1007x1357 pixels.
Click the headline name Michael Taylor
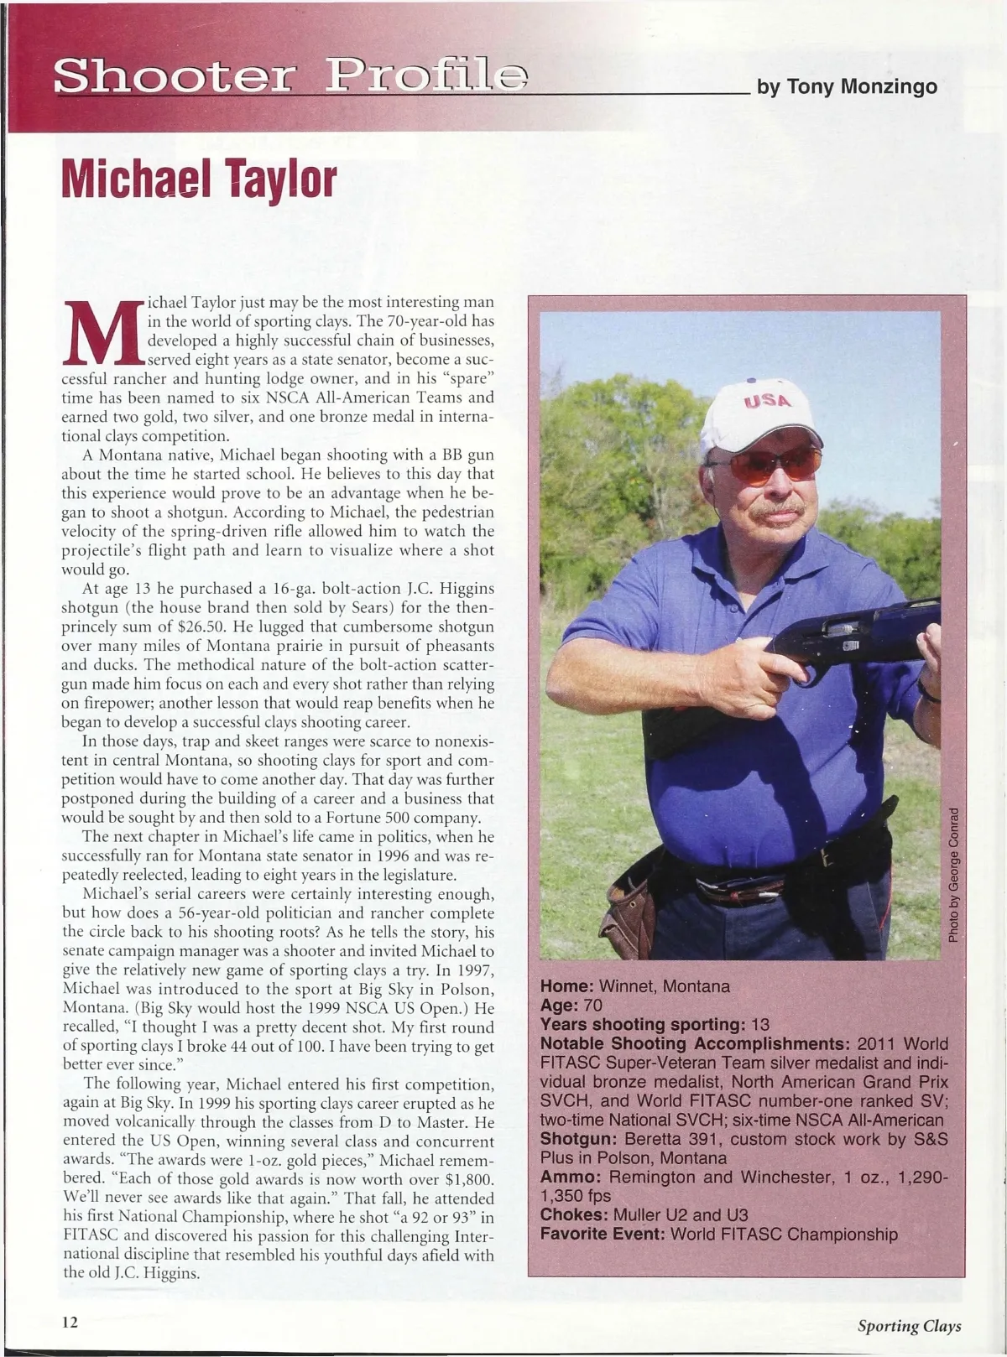pyautogui.click(x=199, y=179)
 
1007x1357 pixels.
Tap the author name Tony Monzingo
pyautogui.click(x=847, y=86)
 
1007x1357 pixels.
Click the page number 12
pyautogui.click(x=70, y=1322)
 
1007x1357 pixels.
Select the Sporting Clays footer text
pyautogui.click(x=909, y=1326)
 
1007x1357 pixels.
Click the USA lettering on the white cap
pyautogui.click(x=765, y=402)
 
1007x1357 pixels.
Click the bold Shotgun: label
pyautogui.click(x=576, y=1139)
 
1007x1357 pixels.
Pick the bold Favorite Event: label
pyautogui.click(x=602, y=1235)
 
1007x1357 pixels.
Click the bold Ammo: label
pyautogui.click(x=570, y=1177)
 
